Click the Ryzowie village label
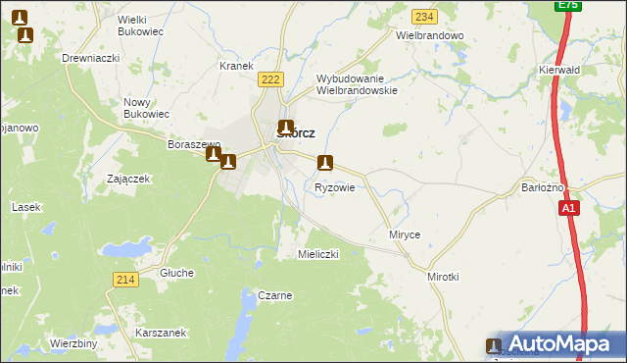(x=334, y=186)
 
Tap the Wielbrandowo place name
(x=428, y=34)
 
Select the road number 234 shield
(x=424, y=17)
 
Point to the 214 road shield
(x=124, y=280)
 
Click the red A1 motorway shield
(x=569, y=208)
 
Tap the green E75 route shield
(x=567, y=5)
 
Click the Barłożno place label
(x=543, y=187)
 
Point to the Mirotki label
(x=443, y=278)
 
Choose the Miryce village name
(x=405, y=235)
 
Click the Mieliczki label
(x=317, y=253)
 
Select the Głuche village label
(x=177, y=273)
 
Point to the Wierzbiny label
(x=73, y=343)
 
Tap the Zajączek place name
(x=127, y=179)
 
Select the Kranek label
(x=236, y=66)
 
